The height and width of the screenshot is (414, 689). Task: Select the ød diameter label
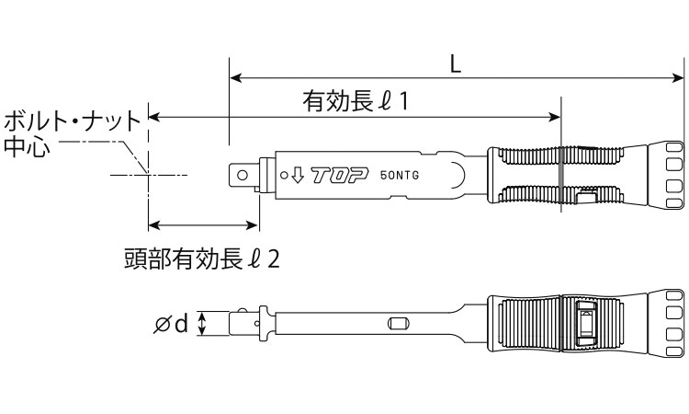pyautogui.click(x=172, y=323)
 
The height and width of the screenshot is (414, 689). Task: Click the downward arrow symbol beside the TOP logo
pyautogui.click(x=296, y=174)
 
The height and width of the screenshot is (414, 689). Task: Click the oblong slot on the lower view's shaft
pyautogui.click(x=399, y=323)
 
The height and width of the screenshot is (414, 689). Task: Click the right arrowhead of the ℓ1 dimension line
pyautogui.click(x=555, y=117)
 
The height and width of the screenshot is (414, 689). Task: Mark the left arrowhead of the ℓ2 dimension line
pyautogui.click(x=153, y=224)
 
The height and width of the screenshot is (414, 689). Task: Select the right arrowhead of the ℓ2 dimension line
pyautogui.click(x=254, y=224)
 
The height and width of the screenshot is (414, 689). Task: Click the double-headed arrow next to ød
pyautogui.click(x=204, y=323)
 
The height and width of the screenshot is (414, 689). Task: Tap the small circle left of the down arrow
pyautogui.click(x=282, y=173)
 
